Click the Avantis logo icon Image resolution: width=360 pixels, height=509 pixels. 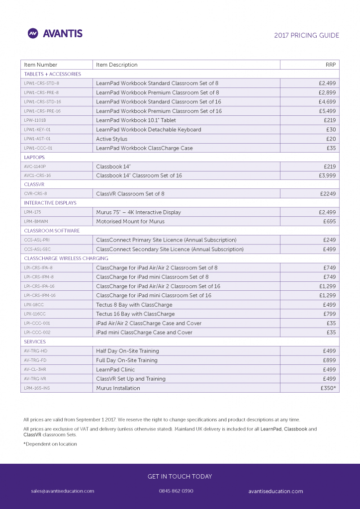[x=33, y=33]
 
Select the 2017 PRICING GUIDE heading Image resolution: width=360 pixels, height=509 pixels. [x=306, y=35]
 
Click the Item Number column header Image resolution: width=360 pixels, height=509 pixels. [x=41, y=65]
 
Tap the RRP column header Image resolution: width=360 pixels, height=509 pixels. [x=331, y=65]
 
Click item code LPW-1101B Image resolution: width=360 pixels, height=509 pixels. [x=35, y=120]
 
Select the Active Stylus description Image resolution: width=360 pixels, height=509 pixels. [x=111, y=139]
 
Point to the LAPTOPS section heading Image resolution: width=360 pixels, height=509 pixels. [x=34, y=157]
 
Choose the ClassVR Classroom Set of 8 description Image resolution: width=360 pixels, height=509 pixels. [x=130, y=194]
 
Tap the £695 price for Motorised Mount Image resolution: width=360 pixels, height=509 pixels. [x=329, y=221]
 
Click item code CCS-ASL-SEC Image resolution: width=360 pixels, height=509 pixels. [x=37, y=249]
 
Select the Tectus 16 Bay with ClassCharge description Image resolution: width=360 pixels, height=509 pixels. [x=135, y=314]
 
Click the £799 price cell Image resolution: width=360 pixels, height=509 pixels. [x=329, y=314]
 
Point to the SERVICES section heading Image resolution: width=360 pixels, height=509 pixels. [x=35, y=341]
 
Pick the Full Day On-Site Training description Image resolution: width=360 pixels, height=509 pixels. [x=126, y=360]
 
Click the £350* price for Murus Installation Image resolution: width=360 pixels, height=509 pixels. [x=328, y=388]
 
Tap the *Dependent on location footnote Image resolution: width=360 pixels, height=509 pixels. [x=50, y=444]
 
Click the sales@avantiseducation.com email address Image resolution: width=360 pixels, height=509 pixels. [x=63, y=491]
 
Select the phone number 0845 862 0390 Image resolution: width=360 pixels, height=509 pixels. [x=176, y=491]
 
